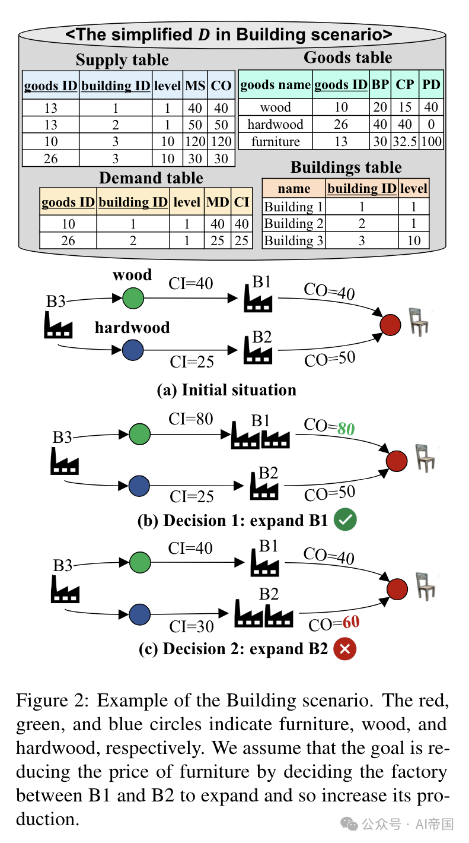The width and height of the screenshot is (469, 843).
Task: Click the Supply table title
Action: pyautogui.click(x=122, y=60)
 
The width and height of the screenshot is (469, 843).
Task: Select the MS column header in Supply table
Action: pyautogui.click(x=194, y=85)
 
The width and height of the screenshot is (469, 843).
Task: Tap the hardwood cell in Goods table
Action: pyautogui.click(x=275, y=125)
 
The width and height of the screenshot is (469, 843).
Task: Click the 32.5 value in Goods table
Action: pyautogui.click(x=405, y=141)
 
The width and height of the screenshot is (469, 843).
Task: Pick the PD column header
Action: pyautogui.click(x=431, y=85)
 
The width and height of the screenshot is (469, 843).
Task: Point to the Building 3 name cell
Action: pyautogui.click(x=293, y=240)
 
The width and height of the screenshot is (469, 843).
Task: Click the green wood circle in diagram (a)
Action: pyautogui.click(x=133, y=298)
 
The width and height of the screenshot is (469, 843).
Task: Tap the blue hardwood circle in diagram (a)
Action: pyautogui.click(x=133, y=350)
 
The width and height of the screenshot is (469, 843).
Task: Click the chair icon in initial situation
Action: pyautogui.click(x=419, y=322)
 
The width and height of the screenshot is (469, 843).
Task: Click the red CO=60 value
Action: pyautogui.click(x=350, y=623)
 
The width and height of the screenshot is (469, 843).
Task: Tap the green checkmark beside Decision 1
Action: pyautogui.click(x=344, y=520)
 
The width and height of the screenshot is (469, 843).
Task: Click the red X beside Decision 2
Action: pyautogui.click(x=344, y=649)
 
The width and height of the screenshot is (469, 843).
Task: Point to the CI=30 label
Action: pyautogui.click(x=192, y=626)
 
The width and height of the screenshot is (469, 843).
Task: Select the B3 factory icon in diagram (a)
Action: pyautogui.click(x=58, y=327)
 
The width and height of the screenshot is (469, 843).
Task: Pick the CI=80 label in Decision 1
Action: pyautogui.click(x=191, y=419)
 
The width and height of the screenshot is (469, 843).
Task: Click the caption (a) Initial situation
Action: pyautogui.click(x=226, y=390)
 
